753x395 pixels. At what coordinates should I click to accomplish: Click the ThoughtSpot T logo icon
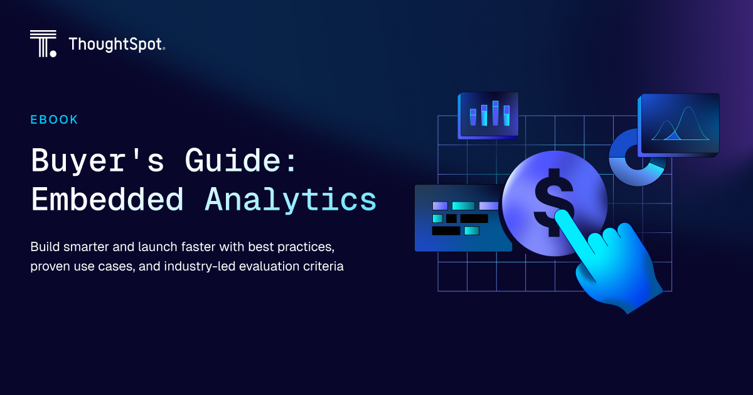pos(43,43)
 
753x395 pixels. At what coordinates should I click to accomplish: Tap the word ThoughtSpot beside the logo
pos(116,44)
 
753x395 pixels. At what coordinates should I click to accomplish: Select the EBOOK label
pos(55,119)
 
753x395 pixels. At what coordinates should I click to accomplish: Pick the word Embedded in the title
pos(107,199)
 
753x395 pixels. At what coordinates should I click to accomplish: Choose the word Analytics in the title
pos(291,199)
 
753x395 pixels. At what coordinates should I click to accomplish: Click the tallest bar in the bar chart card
pos(495,113)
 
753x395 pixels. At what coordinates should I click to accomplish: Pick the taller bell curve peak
pos(687,112)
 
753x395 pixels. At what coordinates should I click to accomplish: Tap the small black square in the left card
pos(451,219)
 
